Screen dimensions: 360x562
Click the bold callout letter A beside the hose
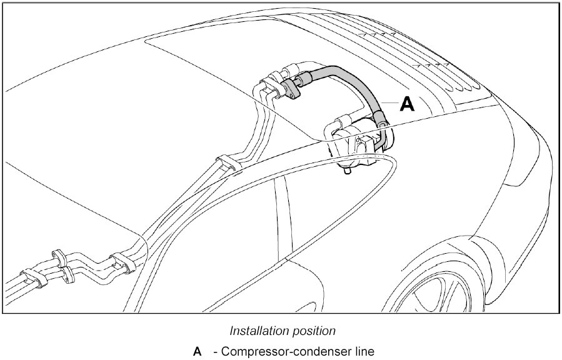point(407,104)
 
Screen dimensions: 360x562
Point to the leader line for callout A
point(388,101)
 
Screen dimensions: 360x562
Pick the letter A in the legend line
point(198,352)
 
